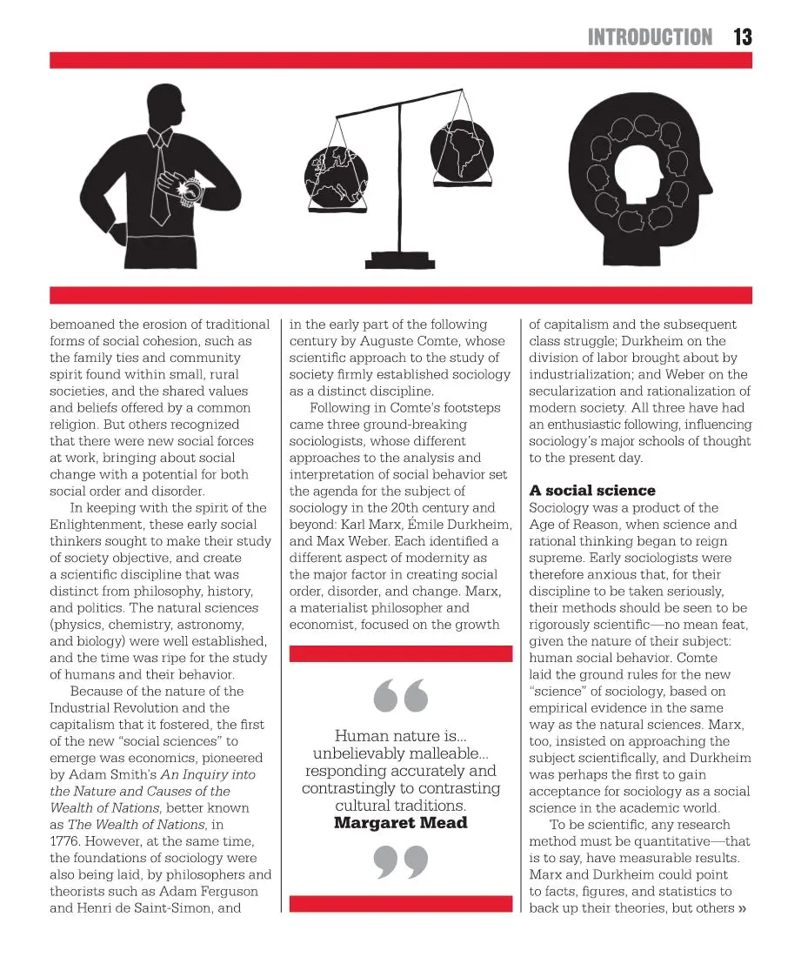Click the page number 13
[x=742, y=37]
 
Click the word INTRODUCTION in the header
[x=650, y=37]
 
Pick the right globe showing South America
[x=461, y=151]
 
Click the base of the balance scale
[x=401, y=258]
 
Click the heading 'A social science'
[x=592, y=491]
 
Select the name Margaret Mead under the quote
[x=400, y=823]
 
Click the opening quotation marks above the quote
[x=400, y=694]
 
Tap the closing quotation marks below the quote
[x=400, y=861]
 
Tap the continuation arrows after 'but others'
[x=742, y=908]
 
